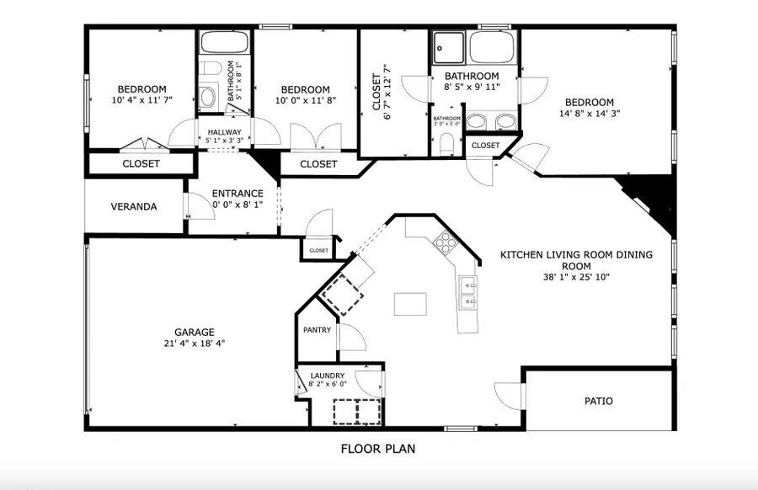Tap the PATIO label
598,401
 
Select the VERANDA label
134,206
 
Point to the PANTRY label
317,329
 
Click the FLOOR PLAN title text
377,449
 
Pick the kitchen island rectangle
410,303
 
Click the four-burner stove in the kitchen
445,243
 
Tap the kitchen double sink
468,291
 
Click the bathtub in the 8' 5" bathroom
493,47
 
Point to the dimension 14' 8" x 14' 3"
590,114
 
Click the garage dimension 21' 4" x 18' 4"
195,344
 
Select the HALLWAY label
224,132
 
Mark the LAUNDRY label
328,375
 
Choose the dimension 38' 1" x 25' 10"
576,276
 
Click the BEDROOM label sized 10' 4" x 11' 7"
141,89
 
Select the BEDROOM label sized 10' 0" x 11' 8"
305,90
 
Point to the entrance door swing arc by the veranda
194,205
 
